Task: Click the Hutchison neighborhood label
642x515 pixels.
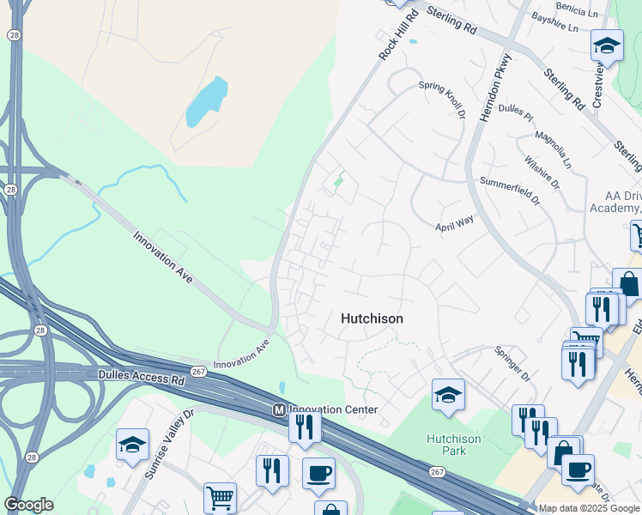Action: pyautogui.click(x=372, y=318)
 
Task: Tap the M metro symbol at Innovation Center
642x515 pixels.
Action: pyautogui.click(x=278, y=410)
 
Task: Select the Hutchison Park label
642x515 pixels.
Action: pyautogui.click(x=454, y=445)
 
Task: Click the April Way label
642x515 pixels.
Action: pyautogui.click(x=453, y=222)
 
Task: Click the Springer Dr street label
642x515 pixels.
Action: pyautogui.click(x=513, y=365)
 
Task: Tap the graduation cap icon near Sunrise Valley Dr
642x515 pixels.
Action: pyautogui.click(x=133, y=445)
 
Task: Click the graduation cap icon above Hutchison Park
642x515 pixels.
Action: pyautogui.click(x=448, y=395)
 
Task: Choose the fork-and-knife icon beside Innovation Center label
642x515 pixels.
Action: pyautogui.click(x=305, y=426)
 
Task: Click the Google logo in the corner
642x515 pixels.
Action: pyautogui.click(x=28, y=505)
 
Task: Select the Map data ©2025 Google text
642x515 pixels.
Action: pyautogui.click(x=590, y=508)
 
